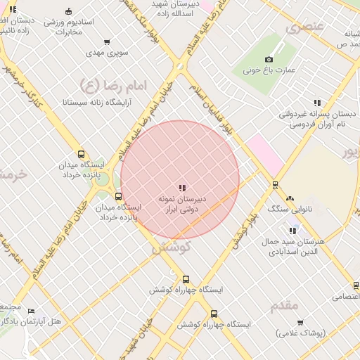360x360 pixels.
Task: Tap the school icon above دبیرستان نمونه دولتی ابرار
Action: pyautogui.click(x=182, y=188)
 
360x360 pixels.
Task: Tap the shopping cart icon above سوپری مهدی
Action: pyautogui.click(x=107, y=42)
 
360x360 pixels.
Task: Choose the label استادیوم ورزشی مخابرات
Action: pyautogui.click(x=68, y=27)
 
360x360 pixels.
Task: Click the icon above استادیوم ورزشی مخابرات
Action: pyautogui.click(x=68, y=12)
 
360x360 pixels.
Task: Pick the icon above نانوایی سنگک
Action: pyautogui.click(x=289, y=198)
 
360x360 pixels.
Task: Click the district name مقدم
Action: pyautogui.click(x=284, y=305)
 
